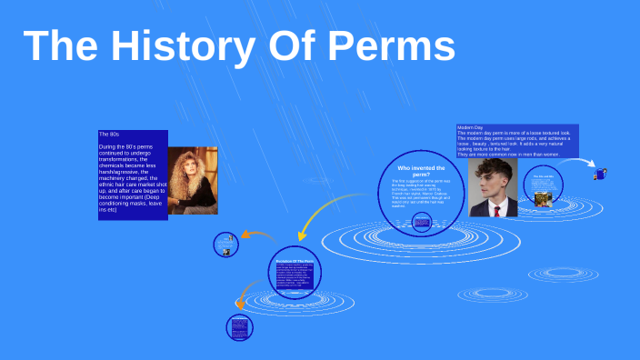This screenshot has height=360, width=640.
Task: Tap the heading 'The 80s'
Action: (x=109, y=135)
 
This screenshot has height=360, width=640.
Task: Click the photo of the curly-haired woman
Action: (x=193, y=180)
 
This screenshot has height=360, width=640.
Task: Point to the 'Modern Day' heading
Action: (x=470, y=127)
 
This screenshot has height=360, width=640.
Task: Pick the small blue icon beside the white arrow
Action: (x=601, y=172)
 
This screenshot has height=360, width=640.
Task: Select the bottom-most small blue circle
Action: (x=239, y=327)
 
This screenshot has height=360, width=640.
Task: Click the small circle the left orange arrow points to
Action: (x=225, y=244)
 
